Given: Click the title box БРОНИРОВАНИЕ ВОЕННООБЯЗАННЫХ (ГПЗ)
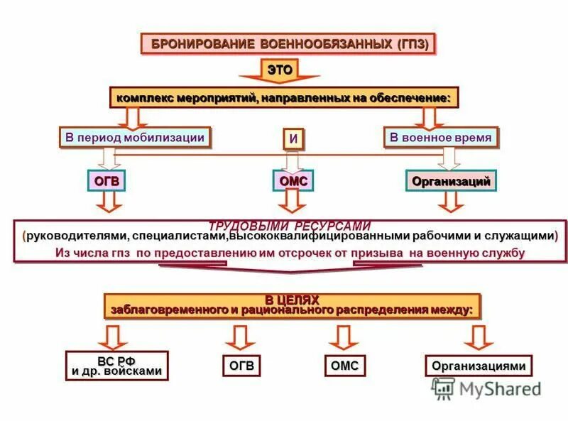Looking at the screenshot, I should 290,43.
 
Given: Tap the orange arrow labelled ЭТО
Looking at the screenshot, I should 279,70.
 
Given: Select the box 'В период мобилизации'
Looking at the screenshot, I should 135,137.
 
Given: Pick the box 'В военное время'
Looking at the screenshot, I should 441,137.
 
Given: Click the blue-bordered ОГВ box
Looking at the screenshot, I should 107,181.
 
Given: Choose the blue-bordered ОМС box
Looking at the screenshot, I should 293,181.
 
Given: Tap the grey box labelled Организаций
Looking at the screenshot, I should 452,181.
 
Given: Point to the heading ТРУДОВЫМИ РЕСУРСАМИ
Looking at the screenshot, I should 289,226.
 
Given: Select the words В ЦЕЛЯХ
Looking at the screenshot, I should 292,300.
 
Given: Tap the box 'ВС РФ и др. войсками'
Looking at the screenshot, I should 116,366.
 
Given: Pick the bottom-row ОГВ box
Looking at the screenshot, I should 241,366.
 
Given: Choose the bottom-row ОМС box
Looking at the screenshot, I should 345,366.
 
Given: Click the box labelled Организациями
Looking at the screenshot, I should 479,366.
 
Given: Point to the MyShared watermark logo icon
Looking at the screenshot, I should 443,388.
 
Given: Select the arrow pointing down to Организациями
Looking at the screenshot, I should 479,337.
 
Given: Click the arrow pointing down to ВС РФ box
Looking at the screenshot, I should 113,336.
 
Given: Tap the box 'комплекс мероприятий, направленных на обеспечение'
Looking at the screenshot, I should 283,97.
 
